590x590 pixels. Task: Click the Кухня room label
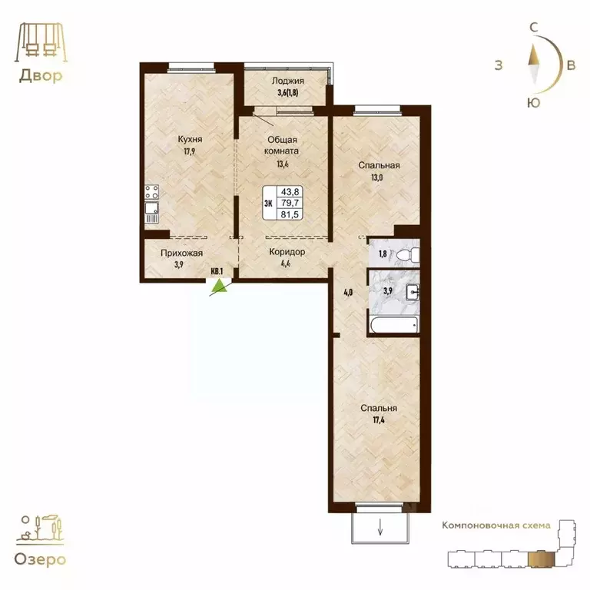tap(190, 139)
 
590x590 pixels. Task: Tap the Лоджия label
tap(288, 81)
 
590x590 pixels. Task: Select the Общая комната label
tap(282, 146)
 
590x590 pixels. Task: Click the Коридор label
tap(287, 251)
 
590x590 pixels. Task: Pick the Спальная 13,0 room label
tap(377, 165)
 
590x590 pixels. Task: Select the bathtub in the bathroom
tap(393, 325)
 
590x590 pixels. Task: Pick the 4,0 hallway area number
tap(347, 291)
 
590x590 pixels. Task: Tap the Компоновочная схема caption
tap(496, 525)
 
